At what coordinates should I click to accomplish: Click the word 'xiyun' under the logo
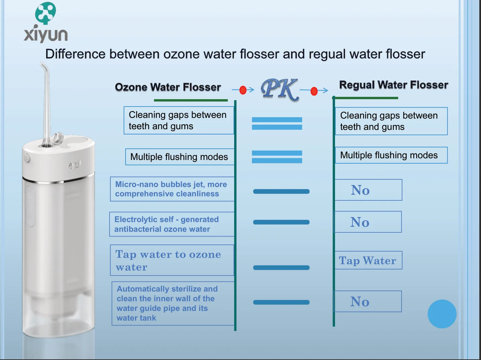46,34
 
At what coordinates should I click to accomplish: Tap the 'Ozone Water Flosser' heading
168,87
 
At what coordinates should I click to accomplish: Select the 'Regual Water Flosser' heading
393,85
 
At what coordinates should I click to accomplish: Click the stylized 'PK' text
279,89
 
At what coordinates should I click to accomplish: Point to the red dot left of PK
243,90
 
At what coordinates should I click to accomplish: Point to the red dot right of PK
314,91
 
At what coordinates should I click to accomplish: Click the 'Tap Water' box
368,260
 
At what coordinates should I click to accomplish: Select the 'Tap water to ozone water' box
172,260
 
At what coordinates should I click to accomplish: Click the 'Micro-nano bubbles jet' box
172,189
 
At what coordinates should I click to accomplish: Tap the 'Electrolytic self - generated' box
172,224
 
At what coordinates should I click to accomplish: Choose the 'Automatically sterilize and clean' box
173,303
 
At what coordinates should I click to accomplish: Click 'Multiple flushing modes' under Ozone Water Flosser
179,157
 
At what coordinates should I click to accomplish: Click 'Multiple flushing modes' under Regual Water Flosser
391,155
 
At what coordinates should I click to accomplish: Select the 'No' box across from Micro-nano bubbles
368,190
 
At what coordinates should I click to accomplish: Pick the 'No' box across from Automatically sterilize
367,302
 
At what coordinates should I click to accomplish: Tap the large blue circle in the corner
442,314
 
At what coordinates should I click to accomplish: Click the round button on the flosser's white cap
27,158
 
